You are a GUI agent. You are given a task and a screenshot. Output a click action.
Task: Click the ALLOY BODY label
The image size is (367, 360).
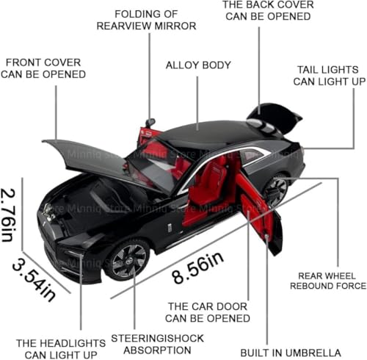click(x=198, y=65)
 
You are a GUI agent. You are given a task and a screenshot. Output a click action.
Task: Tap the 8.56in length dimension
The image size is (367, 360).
click(x=197, y=267)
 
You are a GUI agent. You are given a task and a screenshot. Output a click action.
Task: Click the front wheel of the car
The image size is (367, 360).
click(x=128, y=259)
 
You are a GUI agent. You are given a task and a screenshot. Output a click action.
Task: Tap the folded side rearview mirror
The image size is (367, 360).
click(x=150, y=122)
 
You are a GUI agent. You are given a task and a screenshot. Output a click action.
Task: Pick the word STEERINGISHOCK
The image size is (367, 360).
click(x=157, y=339)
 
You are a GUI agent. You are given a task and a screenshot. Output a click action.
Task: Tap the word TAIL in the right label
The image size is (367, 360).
click(x=306, y=70)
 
